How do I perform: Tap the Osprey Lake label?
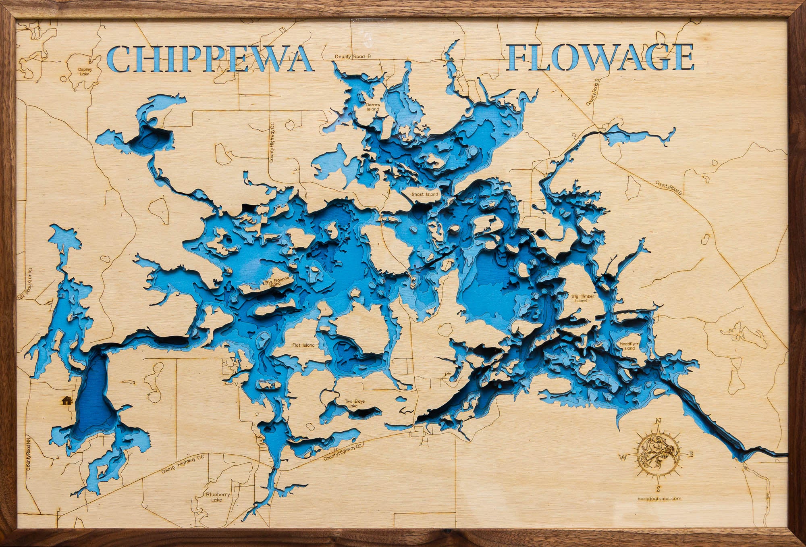[x=85, y=71]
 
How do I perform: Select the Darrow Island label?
[x=372, y=107]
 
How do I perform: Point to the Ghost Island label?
[x=424, y=194]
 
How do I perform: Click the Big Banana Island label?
[x=277, y=282]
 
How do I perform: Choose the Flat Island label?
[x=303, y=345]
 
